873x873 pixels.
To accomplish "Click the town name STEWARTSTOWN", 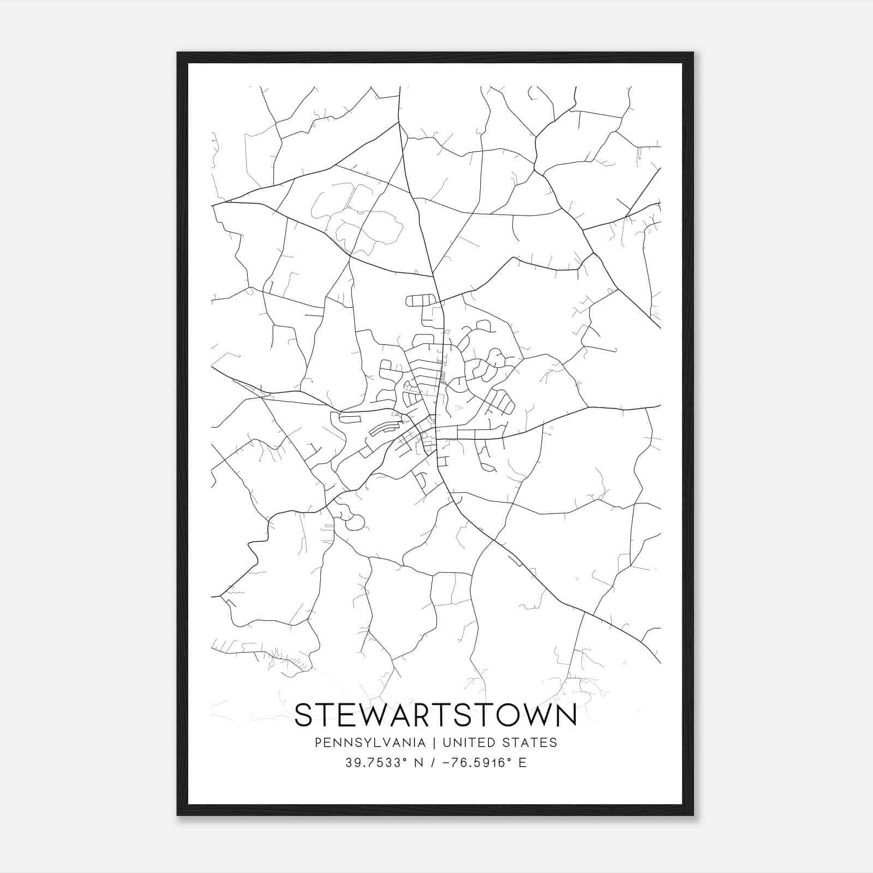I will coord(435,715).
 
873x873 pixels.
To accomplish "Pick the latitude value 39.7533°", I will coord(376,762).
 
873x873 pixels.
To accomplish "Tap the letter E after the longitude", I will coord(523,762).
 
